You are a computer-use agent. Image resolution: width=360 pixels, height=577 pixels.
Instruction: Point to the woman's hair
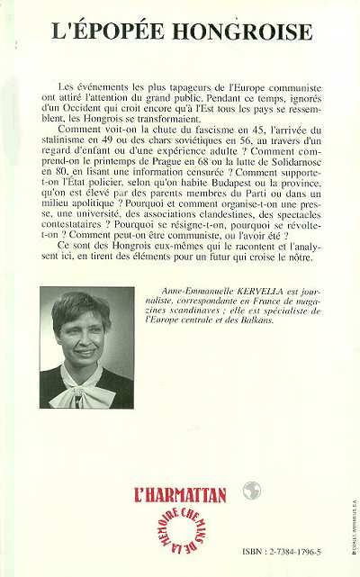pyautogui.click(x=79, y=306)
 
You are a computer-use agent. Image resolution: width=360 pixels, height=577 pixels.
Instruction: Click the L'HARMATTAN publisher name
pyautogui.click(x=180, y=493)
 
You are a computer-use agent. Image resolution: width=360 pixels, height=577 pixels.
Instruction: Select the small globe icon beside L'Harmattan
pyautogui.click(x=252, y=491)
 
